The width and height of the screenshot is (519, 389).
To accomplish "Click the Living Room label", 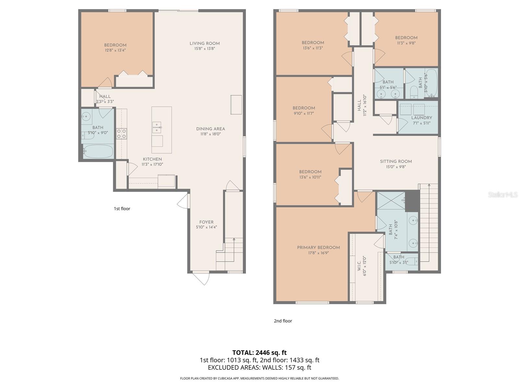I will (205, 43).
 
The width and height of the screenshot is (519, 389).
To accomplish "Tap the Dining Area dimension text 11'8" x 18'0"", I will (210, 134).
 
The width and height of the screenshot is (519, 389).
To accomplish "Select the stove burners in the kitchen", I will (122, 134).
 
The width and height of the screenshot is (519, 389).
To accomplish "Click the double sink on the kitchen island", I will (157, 127).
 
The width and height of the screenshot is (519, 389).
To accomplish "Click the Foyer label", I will (206, 222).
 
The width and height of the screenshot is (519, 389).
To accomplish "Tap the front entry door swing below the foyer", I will (201, 278).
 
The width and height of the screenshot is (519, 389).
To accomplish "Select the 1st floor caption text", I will (122, 208).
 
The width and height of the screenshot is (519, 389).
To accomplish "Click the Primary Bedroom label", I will (318, 247).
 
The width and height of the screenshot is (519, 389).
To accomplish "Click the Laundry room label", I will (421, 118).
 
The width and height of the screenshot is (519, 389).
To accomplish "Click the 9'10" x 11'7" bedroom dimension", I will (304, 113).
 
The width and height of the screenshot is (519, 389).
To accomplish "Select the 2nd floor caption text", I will (283, 321).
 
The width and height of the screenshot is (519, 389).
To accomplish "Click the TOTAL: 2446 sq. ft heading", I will (259, 352).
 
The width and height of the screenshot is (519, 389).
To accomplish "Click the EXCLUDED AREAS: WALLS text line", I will (259, 368).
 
